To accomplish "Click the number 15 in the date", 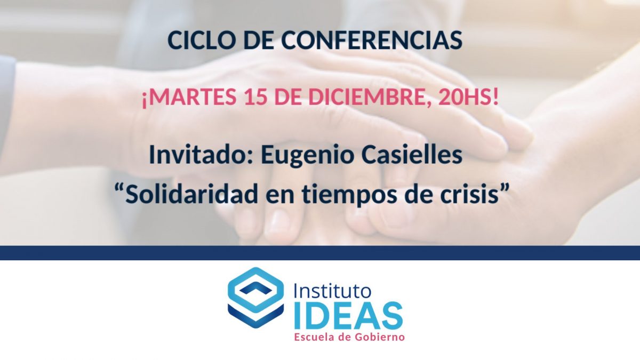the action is point(256,97).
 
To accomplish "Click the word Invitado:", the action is point(201,155).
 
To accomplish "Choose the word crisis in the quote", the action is point(471,194).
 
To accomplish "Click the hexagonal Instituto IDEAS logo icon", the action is point(255,298).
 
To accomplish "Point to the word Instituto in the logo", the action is point(333,291).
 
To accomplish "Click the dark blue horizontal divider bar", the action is point(320,253).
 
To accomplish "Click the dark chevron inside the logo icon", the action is point(255,289).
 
